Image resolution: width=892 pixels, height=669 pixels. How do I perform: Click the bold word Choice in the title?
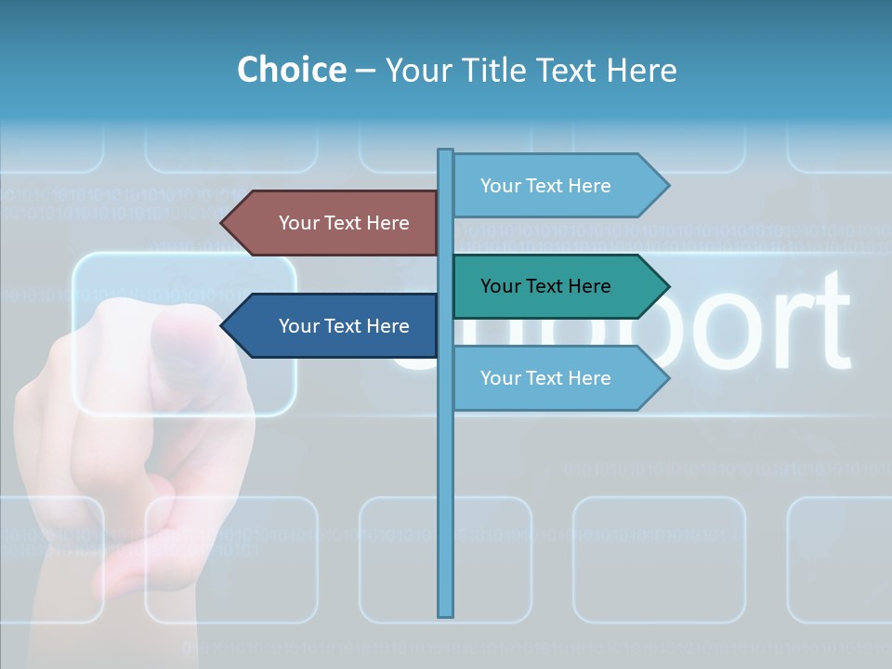(291, 70)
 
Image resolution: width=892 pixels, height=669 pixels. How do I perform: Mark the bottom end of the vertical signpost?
(446, 614)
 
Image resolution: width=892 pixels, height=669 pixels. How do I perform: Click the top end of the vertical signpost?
(446, 151)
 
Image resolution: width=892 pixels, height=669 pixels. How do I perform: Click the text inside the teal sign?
(545, 286)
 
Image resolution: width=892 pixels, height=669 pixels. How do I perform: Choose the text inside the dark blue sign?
(344, 326)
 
